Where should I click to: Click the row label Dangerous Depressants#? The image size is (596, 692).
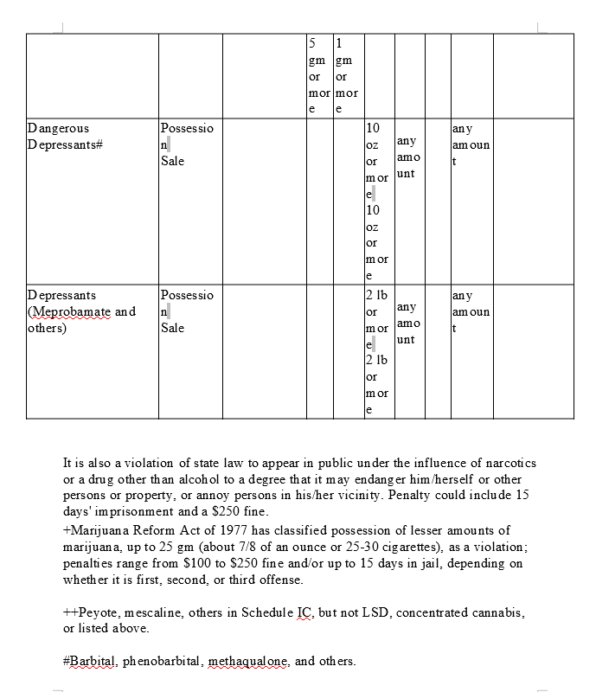coord(65,137)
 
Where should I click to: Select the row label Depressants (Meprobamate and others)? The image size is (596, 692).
coord(81,311)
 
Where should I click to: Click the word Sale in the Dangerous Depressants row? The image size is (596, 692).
coord(173,161)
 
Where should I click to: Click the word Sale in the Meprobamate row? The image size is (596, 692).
coord(173,328)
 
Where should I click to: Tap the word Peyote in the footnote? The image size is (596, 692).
coord(97,612)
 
